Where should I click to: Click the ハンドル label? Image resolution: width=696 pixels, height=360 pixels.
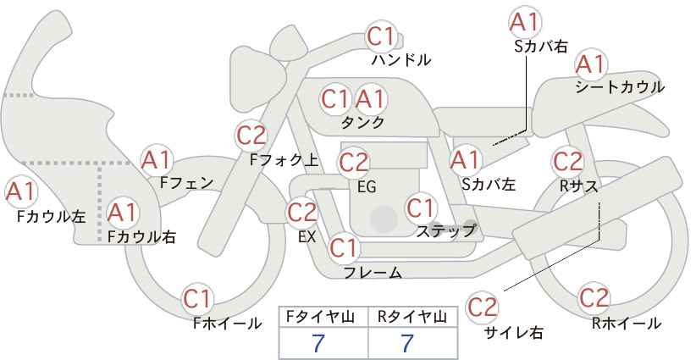[x=400, y=59]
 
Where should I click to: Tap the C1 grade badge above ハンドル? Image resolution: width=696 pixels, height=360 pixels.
[x=381, y=36]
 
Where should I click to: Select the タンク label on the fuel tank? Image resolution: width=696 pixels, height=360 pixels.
[x=362, y=122]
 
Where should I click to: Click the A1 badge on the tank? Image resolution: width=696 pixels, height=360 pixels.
[x=370, y=99]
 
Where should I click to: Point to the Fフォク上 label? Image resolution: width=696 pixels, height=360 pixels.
[x=284, y=160]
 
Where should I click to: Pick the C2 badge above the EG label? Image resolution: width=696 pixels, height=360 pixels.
[x=353, y=163]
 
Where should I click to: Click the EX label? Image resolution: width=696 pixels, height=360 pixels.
[x=307, y=237]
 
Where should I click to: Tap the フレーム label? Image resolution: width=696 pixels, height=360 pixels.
[x=373, y=273]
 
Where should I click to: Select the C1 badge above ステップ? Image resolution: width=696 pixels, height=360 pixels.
[x=421, y=208]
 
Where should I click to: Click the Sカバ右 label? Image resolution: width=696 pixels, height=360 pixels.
[x=541, y=47]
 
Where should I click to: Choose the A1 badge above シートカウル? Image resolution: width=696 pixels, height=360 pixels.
[x=591, y=64]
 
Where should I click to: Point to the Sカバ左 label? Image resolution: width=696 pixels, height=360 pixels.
[x=489, y=184]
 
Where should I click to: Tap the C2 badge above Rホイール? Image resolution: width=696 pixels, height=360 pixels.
[x=594, y=298]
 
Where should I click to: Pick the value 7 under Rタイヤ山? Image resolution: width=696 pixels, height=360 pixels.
[x=407, y=343]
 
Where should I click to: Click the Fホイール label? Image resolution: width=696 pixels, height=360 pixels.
[x=227, y=324]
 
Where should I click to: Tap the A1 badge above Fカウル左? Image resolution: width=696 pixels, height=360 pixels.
[x=20, y=192]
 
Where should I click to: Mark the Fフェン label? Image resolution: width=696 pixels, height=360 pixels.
[x=186, y=182]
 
